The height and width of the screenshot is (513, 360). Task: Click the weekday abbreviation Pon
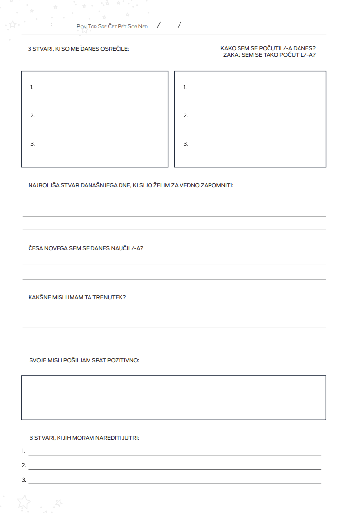click(81, 26)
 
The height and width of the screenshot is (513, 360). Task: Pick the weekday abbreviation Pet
click(122, 26)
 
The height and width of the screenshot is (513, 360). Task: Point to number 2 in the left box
click(32, 116)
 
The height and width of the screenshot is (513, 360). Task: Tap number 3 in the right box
click(185, 144)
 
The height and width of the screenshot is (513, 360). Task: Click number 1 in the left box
click(32, 87)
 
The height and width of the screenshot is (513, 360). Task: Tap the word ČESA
click(35, 248)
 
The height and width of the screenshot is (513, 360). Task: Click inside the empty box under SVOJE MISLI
click(173, 398)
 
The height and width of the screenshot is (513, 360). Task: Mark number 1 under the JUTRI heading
click(23, 451)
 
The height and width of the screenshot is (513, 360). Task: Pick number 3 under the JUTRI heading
click(24, 480)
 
